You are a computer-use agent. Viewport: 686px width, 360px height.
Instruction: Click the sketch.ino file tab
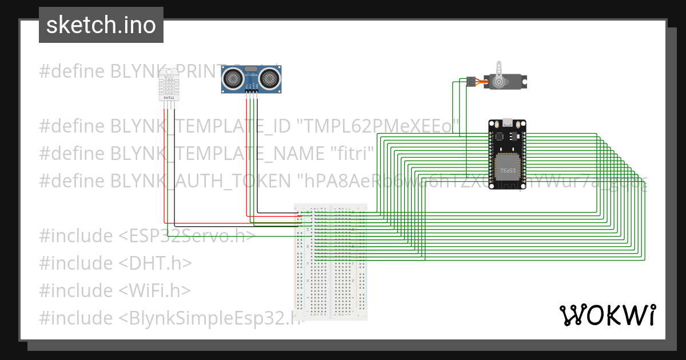pos(101,25)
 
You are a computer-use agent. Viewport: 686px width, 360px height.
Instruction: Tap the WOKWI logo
pos(607,315)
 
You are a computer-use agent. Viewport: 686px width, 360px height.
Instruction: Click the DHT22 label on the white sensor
pos(169,98)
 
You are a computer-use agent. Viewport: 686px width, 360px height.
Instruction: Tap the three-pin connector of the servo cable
pos(470,81)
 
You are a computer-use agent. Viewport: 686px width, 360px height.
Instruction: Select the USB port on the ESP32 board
pos(507,122)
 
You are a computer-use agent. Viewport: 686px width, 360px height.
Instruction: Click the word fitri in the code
pos(352,154)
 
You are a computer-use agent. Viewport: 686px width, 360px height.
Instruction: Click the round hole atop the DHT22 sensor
pos(169,73)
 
